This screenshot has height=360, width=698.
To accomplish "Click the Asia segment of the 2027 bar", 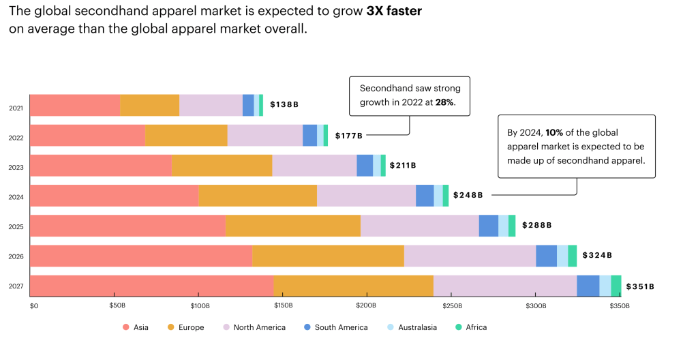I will click(x=151, y=286).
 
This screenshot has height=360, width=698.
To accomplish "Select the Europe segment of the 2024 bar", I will click(x=258, y=196).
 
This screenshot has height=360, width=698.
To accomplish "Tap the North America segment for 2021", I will click(x=211, y=106).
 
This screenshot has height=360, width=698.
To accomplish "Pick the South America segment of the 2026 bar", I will click(x=546, y=256).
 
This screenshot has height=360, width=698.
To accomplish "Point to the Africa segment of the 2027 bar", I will click(x=616, y=286).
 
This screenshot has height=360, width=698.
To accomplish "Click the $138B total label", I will click(x=284, y=105).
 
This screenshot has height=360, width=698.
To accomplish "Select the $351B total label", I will click(x=639, y=286).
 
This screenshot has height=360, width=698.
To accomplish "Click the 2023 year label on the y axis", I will click(x=16, y=167).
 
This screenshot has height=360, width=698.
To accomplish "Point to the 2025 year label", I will click(x=16, y=227).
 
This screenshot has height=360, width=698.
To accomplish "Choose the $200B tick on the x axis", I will click(x=367, y=306).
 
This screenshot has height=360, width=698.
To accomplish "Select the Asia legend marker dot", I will click(x=125, y=327).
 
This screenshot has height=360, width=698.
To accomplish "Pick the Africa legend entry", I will click(x=472, y=327).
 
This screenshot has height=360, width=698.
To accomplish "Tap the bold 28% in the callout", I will click(x=444, y=102).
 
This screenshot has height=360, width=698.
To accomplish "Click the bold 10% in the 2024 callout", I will click(x=554, y=132).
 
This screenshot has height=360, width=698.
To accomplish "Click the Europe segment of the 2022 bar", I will click(x=186, y=136).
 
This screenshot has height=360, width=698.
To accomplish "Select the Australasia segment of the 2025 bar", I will click(x=503, y=226).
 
